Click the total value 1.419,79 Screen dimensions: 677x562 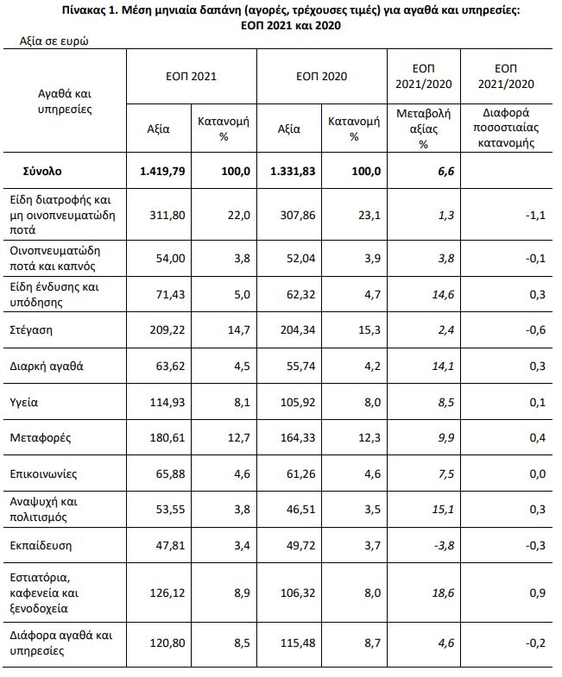click(x=159, y=171)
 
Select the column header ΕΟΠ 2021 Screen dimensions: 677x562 click(x=191, y=76)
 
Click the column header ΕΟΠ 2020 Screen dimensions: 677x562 click(x=322, y=76)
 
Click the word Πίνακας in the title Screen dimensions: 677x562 click(x=85, y=11)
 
